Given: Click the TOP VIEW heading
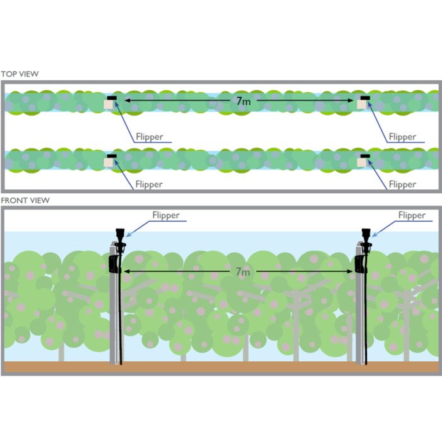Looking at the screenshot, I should click(x=20, y=74).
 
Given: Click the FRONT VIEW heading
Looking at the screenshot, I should click(x=25, y=200).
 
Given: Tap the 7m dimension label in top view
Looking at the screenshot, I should click(x=243, y=101).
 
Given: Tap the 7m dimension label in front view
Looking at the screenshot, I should click(x=243, y=272).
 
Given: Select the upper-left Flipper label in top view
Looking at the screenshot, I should click(x=149, y=136).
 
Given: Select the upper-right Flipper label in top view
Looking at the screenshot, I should click(x=402, y=136).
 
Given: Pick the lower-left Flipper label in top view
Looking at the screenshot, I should click(x=149, y=184).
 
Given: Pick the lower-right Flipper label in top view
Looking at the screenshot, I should click(x=402, y=184).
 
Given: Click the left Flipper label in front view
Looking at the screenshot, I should click(x=165, y=215).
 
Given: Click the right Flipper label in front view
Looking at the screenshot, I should click(x=412, y=215).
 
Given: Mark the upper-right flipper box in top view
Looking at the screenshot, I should click(x=362, y=104).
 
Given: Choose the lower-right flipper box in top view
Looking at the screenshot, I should click(x=362, y=161).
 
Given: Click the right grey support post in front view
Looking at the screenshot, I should click(x=359, y=316).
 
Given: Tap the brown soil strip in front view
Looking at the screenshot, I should click(x=221, y=367).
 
